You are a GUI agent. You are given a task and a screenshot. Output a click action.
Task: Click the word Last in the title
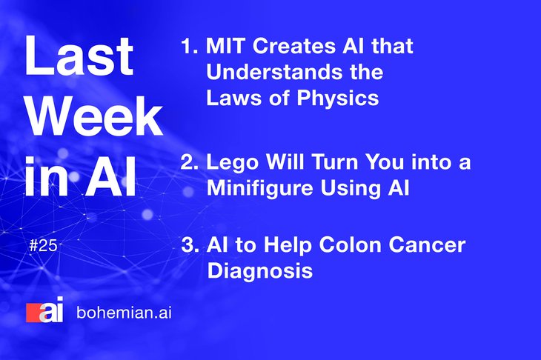click(79, 56)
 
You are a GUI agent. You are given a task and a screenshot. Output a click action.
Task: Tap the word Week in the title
click(95, 116)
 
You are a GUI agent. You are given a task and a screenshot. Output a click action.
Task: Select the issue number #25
click(43, 245)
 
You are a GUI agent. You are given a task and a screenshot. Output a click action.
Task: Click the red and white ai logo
click(45, 310)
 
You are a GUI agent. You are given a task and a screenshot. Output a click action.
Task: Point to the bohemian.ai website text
click(124, 313)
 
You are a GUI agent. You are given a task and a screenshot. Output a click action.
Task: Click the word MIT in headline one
click(225, 46)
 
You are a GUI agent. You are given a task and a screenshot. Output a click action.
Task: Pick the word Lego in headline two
click(232, 162)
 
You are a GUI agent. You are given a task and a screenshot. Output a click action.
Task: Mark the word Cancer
click(428, 244)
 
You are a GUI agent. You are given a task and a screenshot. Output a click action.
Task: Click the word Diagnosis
click(260, 270)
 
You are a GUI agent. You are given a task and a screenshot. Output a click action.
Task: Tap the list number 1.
click(190, 46)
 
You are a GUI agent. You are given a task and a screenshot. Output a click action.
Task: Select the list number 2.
click(190, 161)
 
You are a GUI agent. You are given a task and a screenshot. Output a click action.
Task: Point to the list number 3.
click(190, 244)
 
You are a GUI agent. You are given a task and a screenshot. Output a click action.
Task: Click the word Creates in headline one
click(294, 46)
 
